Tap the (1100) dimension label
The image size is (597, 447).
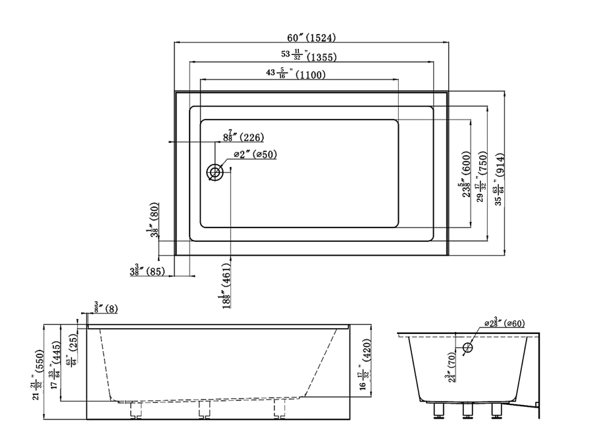[309, 74]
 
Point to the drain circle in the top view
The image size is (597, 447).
[215, 172]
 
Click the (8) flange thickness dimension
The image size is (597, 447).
[106, 306]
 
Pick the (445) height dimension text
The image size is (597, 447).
[57, 358]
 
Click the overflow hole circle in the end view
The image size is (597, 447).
[467, 348]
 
